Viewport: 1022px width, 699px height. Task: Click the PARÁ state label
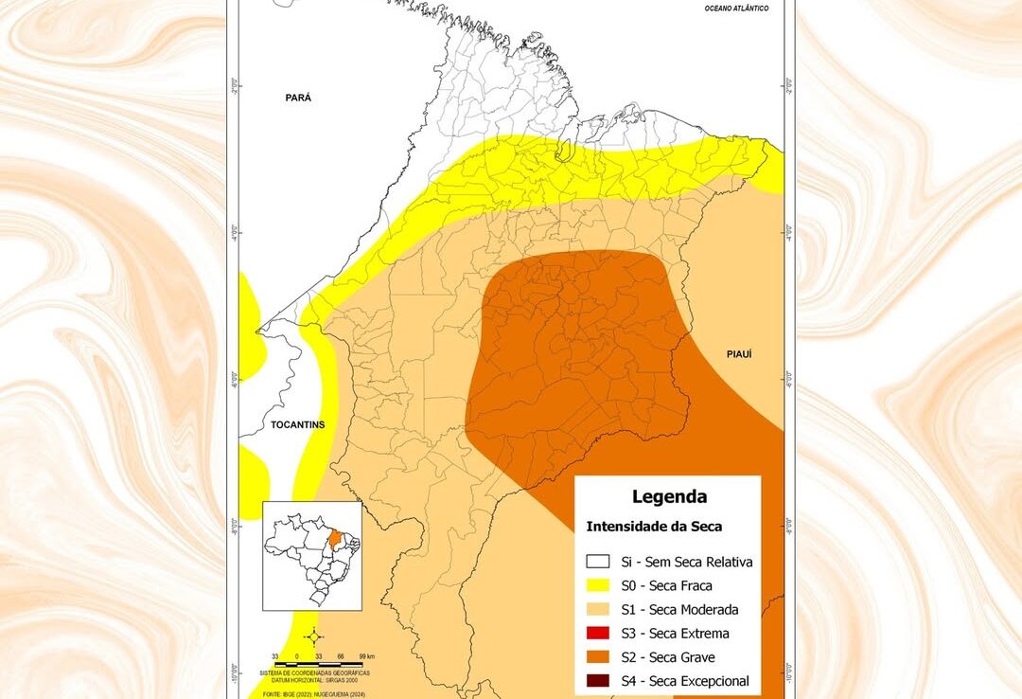298,98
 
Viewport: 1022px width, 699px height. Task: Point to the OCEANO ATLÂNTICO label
736,9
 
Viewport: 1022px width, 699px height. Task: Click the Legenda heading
668,496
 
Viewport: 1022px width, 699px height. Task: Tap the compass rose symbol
316,636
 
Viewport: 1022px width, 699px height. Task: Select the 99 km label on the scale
367,655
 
